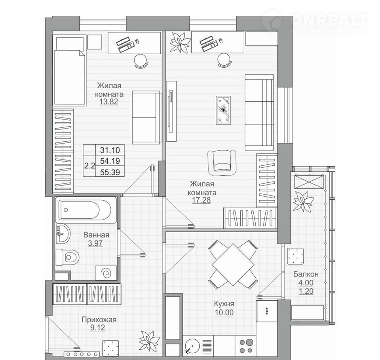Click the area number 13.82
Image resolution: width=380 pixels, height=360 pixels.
tap(108, 102)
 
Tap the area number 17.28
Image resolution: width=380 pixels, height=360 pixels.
tap(201, 200)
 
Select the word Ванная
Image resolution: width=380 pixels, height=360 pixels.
tap(96, 235)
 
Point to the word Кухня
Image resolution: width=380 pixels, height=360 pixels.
tap(224, 304)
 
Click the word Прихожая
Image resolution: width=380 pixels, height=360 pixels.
tap(99, 320)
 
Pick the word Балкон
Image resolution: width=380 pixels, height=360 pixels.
tap(306, 274)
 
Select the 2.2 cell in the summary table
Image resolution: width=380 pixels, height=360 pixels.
tap(89, 166)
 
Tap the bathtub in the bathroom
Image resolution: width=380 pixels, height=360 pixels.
tap(86, 210)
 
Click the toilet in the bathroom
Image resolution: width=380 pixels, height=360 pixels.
tap(67, 257)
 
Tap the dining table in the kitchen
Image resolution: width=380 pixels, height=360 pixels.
tap(233, 265)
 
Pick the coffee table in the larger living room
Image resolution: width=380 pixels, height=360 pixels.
tap(223, 110)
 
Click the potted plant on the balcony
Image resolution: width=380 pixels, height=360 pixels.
tap(303, 202)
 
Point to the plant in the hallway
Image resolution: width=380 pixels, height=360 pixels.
tap(149, 341)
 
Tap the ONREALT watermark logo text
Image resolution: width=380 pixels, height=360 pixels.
tap(329, 21)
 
